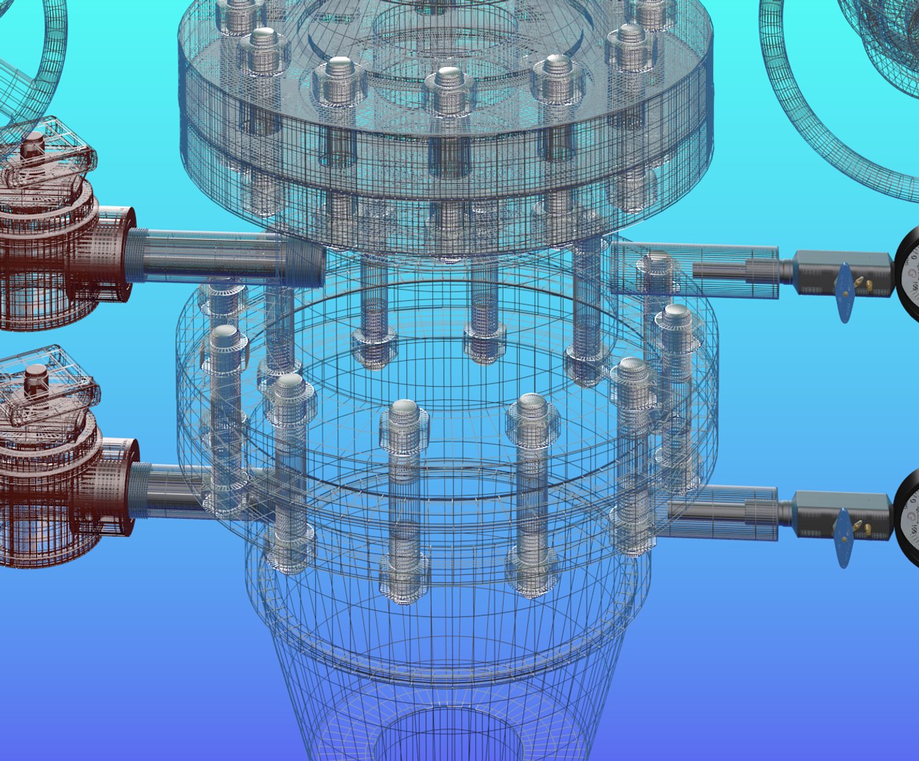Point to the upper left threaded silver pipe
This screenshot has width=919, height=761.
[x=212, y=256]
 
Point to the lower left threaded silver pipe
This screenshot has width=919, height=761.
[x=169, y=490]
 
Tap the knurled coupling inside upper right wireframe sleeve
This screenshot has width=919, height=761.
[x=762, y=269]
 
